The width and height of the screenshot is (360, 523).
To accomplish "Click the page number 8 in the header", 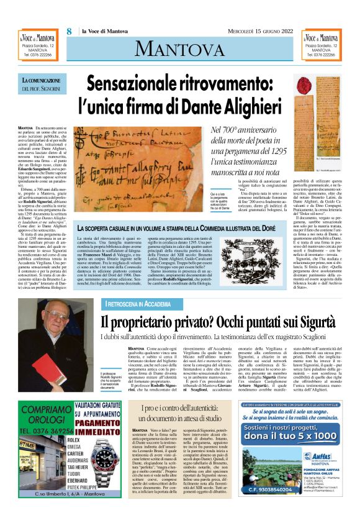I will pos(70,32).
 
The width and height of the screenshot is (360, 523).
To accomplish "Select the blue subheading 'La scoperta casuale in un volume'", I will pos(181,229).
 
